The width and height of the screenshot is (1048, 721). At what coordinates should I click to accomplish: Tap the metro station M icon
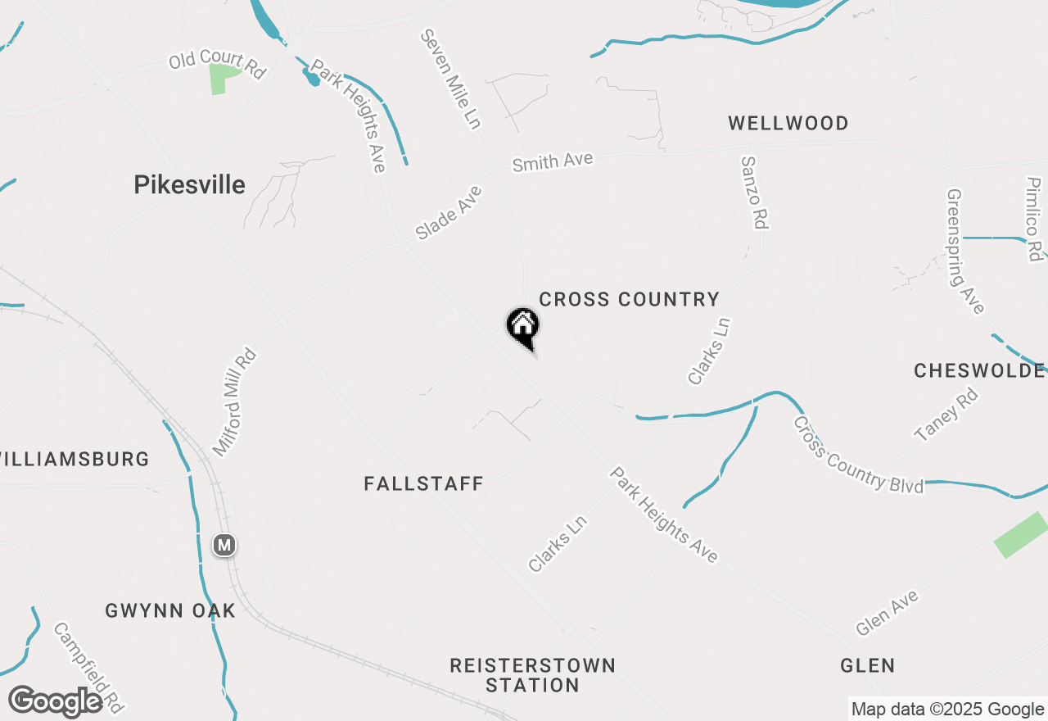[x=224, y=544]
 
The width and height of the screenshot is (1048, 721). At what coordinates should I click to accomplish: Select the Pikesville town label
[x=189, y=185]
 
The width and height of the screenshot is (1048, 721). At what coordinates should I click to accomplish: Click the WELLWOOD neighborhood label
[x=788, y=124]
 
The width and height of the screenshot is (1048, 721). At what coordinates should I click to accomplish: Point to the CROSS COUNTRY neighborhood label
[x=629, y=300]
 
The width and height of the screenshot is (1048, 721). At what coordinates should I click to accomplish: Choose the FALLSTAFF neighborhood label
[x=423, y=484]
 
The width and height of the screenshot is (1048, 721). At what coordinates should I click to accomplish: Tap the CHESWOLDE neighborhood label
[x=979, y=371]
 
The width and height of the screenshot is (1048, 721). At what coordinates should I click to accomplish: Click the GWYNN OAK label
[x=170, y=610]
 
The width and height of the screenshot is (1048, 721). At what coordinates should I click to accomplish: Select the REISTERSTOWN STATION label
[x=532, y=674]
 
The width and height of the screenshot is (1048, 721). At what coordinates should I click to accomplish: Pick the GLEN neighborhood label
[x=867, y=665]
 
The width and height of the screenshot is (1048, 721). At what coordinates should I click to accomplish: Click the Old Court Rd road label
[x=218, y=65]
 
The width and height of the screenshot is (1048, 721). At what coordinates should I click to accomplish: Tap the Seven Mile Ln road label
[x=450, y=79]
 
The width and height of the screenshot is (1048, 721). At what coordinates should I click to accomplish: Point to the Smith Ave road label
[x=552, y=161]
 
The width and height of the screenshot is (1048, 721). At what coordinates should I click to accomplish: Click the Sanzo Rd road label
[x=755, y=193]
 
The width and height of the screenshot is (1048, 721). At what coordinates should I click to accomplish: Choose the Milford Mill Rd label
[x=235, y=403]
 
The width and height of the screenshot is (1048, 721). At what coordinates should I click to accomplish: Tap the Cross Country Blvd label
[x=857, y=456]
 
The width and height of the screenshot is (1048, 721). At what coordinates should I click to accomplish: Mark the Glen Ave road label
[x=887, y=613]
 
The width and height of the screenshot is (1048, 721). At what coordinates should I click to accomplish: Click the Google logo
[x=56, y=702]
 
